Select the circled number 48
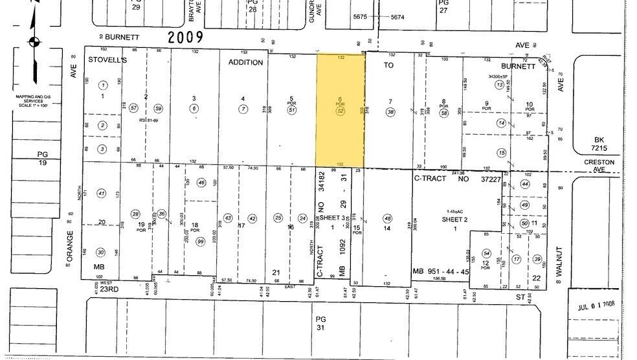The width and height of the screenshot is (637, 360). point(388,218)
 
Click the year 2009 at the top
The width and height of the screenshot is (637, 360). point(186,37)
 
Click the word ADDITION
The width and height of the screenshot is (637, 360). point(245,62)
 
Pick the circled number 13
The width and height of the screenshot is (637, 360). point(499,85)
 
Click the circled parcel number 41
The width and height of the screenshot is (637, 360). point(101,193)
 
